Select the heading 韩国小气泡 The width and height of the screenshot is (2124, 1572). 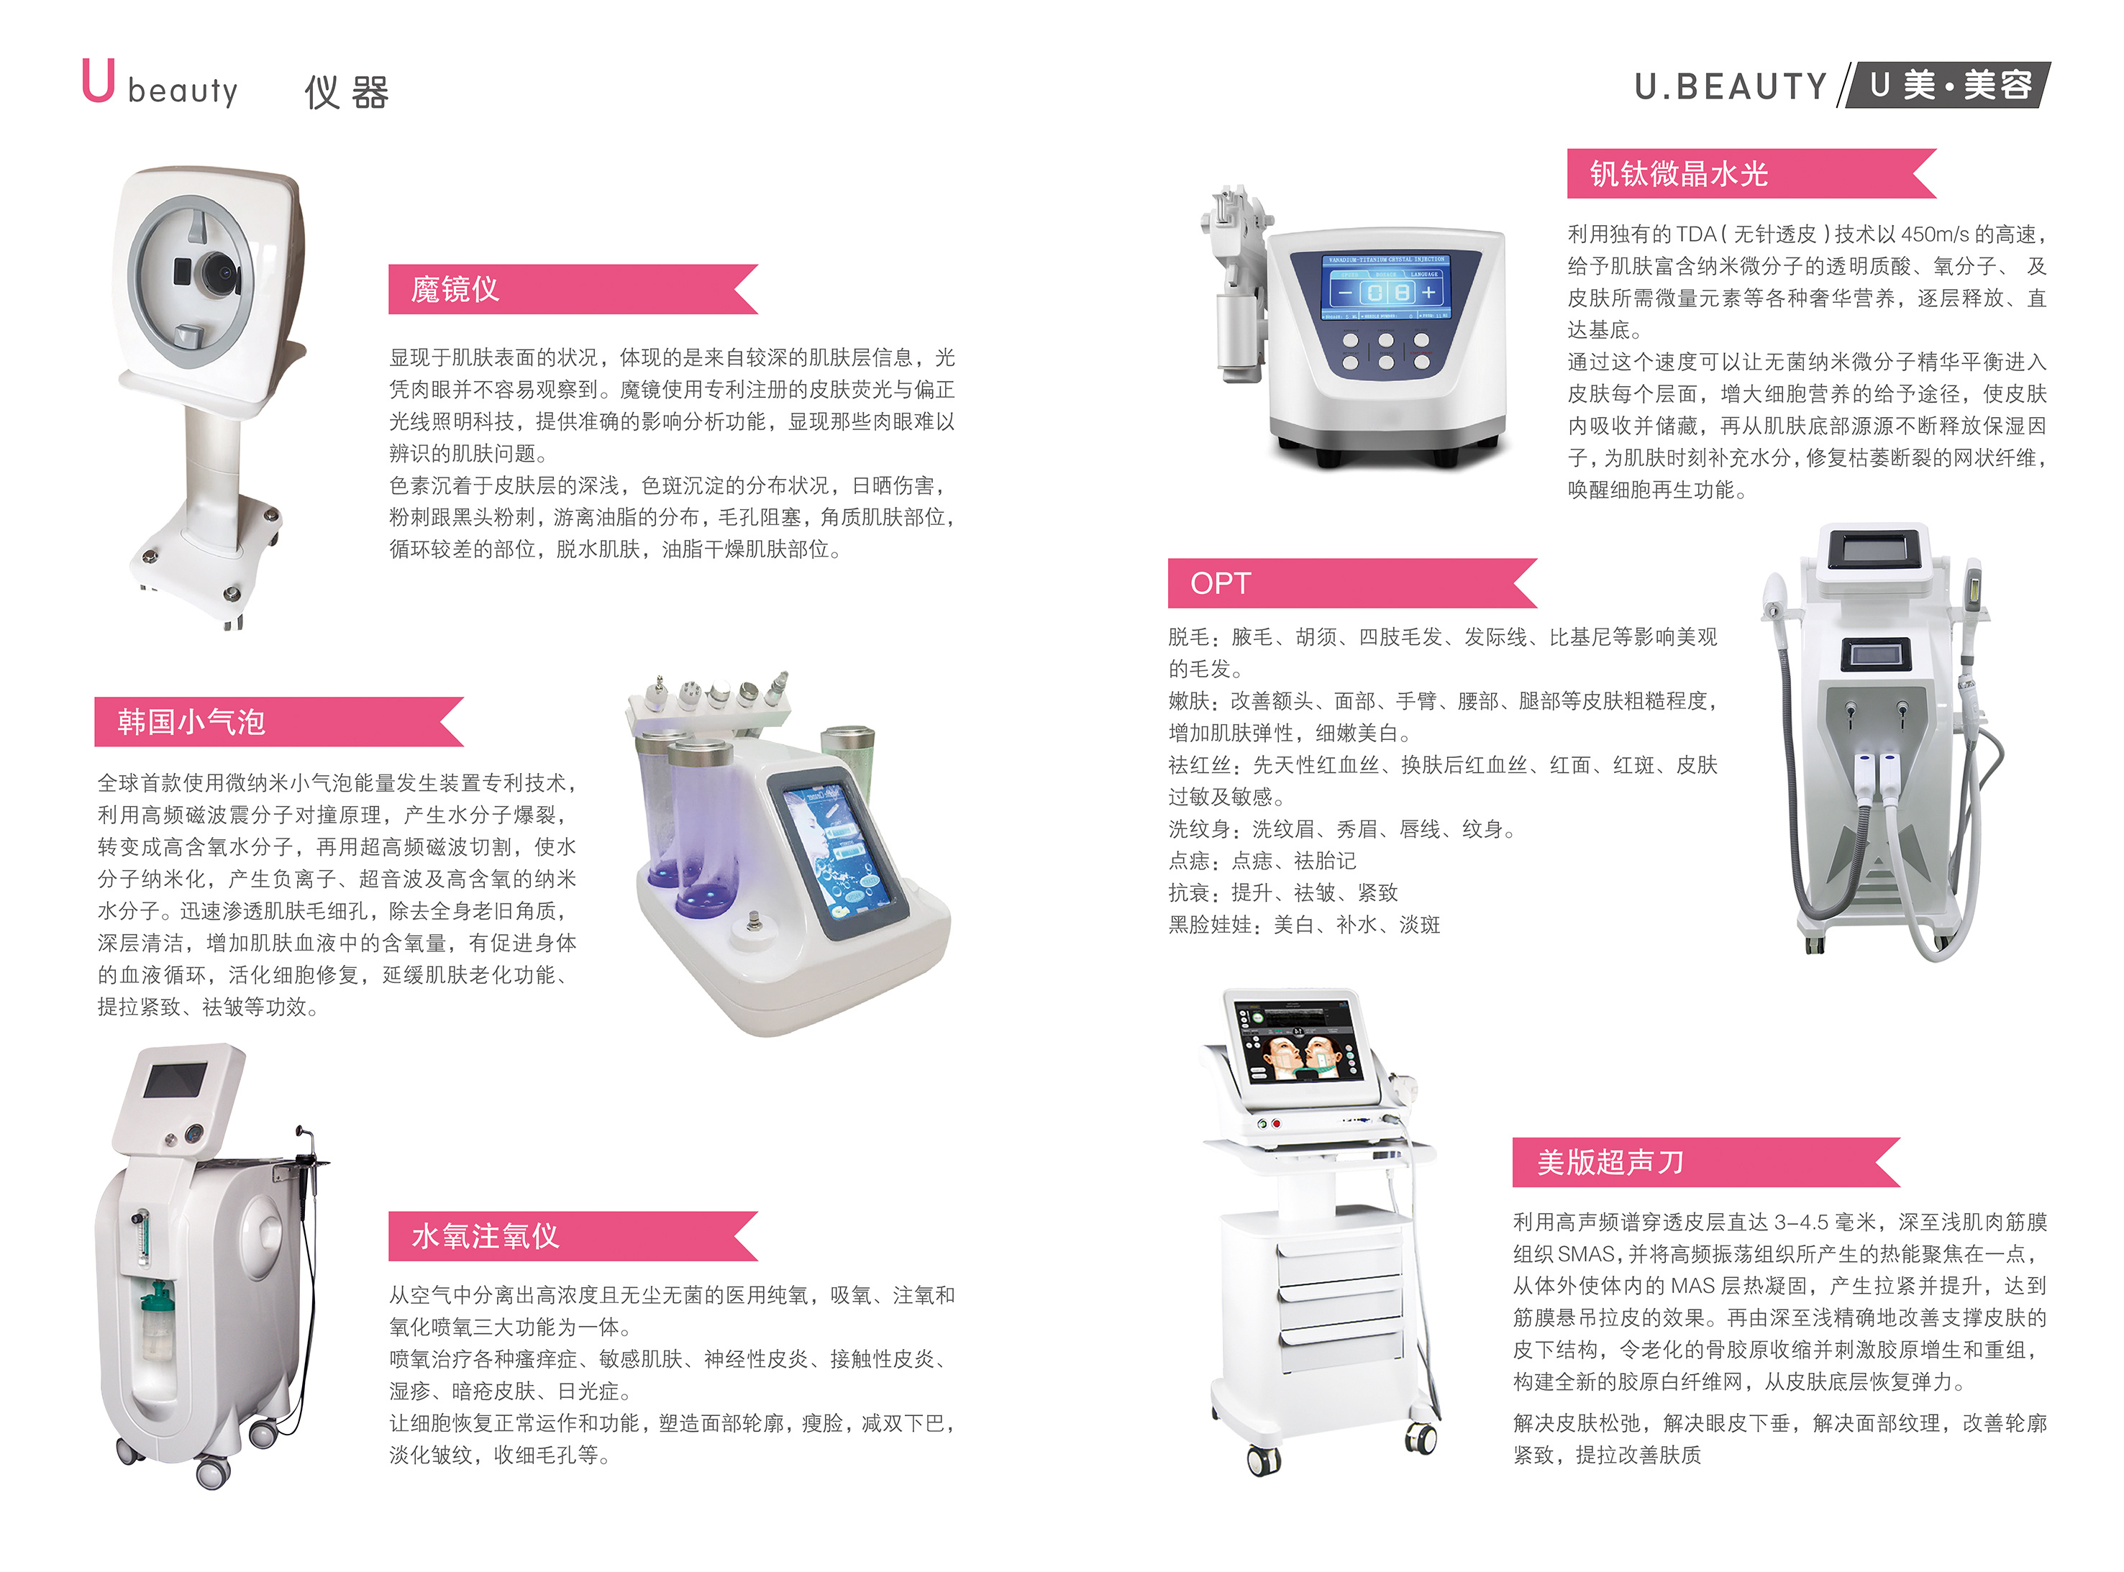point(191,721)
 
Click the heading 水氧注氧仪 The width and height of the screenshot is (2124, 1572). point(486,1235)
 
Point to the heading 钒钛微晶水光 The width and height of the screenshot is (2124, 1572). point(1679,173)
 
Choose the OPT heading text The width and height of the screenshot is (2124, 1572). point(1220,582)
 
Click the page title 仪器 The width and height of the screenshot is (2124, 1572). point(347,92)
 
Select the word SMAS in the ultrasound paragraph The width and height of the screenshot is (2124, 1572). point(1587,1253)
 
